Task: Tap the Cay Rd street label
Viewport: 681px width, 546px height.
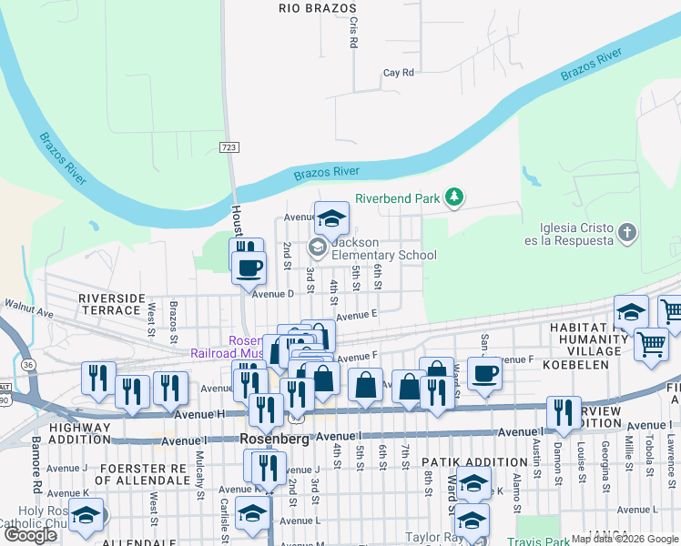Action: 398,72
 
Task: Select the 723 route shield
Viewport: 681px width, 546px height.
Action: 229,147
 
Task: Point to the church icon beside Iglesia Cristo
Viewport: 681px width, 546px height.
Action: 626,233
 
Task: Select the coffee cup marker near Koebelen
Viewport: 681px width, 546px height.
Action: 484,371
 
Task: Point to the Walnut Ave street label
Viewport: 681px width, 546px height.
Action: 29,312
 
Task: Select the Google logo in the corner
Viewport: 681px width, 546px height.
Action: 30,535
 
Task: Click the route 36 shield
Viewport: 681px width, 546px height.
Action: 29,365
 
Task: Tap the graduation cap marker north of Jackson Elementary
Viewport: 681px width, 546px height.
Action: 332,217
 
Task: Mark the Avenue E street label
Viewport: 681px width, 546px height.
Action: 356,315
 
